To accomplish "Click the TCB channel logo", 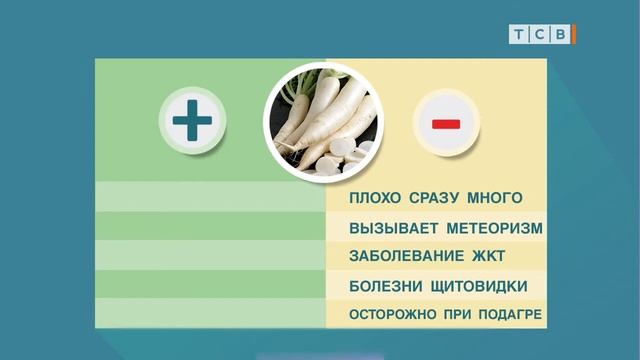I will tap(541, 35).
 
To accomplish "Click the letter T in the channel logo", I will tap(519, 35).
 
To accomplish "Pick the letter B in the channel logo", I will tap(561, 35).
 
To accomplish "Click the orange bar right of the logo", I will tap(575, 35).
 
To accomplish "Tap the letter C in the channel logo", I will tap(540, 35).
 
